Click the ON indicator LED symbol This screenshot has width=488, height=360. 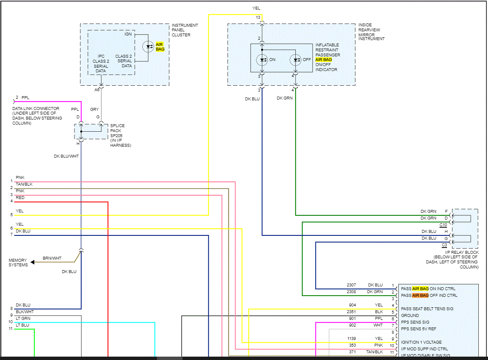tap(262, 60)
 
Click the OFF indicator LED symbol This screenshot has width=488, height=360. tap(296, 60)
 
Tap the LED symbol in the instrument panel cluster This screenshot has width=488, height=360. tap(148, 46)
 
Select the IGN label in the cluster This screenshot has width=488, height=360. tap(128, 34)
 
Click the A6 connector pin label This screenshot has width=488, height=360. tap(97, 89)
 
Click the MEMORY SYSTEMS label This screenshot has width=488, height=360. tap(18, 263)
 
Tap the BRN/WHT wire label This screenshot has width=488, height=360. tap(52, 258)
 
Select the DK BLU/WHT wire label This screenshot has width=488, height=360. tap(66, 156)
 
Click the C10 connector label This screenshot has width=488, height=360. tap(444, 225)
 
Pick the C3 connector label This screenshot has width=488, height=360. tap(444, 245)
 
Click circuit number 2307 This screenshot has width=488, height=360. tap(351, 285)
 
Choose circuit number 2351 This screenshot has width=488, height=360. tap(351, 312)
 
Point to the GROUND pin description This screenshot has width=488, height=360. tap(410, 316)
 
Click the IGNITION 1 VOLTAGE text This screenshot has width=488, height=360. tap(421, 342)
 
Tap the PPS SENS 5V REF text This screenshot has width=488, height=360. tap(419, 329)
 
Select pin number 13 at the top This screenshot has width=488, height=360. tap(258, 18)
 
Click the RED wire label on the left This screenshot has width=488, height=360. tap(20, 198)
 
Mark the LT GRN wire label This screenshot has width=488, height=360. tap(23, 319)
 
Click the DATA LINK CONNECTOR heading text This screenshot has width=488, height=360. tap(36, 109)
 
